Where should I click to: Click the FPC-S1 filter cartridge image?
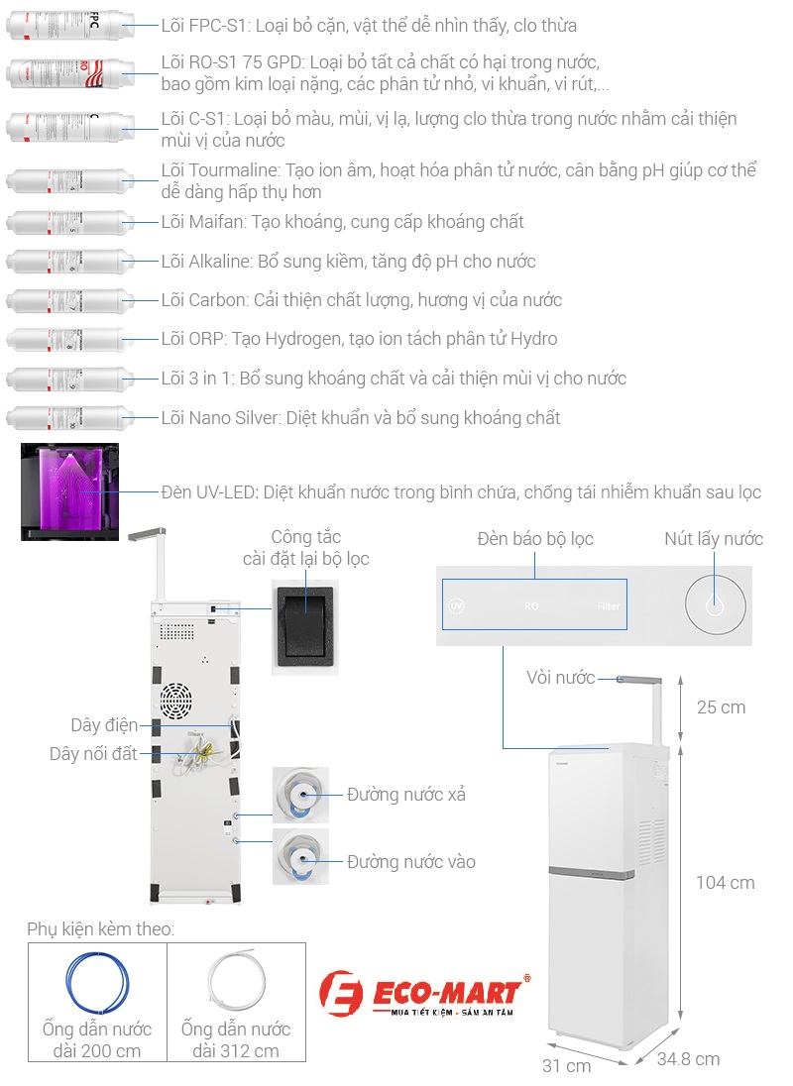69,26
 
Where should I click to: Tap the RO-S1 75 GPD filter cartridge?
69,74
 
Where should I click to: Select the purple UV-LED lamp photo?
69,491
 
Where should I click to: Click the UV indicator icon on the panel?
457,605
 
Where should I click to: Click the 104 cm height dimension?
725,883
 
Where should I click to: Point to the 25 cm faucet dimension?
721,707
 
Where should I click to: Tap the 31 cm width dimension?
567,1066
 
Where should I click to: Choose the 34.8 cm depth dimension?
688,1059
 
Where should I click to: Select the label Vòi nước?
560,678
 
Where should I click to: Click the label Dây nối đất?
93,754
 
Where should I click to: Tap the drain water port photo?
300,795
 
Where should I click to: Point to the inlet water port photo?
300,858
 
